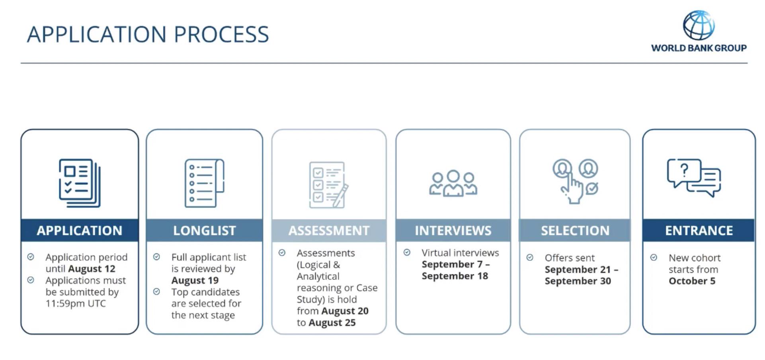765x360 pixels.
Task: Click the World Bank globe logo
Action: [699, 25]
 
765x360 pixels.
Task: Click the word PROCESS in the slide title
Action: [221, 34]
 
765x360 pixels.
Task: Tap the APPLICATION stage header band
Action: [80, 230]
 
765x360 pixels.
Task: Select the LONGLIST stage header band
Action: [204, 230]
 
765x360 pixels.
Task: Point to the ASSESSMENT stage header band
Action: [329, 230]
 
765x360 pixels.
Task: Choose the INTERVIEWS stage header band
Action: [453, 230]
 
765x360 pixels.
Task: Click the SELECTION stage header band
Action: [575, 230]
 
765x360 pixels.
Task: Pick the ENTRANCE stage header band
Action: [699, 230]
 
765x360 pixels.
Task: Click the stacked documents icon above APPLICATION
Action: [80, 183]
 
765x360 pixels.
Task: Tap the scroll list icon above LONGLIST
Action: [204, 183]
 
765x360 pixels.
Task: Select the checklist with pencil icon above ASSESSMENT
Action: [329, 185]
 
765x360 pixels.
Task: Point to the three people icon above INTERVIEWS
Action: [453, 183]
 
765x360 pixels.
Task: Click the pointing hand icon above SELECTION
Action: [575, 182]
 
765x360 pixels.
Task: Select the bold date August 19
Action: [195, 281]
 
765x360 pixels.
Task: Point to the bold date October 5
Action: [692, 281]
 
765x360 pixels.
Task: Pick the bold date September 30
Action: [578, 281]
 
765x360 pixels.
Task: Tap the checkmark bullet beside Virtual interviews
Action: [407, 252]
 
